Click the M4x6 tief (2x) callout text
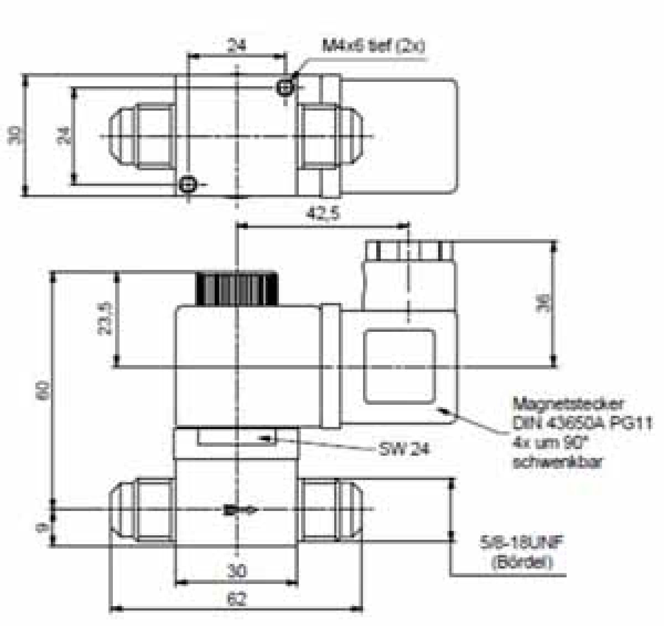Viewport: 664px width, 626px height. [x=373, y=46]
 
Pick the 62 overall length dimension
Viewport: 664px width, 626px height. [x=236, y=599]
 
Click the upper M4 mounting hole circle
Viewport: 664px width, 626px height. [x=286, y=86]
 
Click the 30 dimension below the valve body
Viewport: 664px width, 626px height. [x=237, y=570]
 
